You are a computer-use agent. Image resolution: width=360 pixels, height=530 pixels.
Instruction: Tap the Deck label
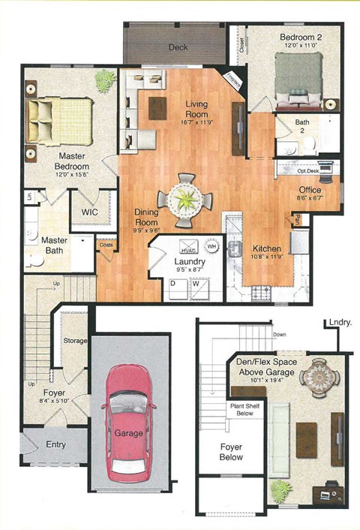(x=178, y=47)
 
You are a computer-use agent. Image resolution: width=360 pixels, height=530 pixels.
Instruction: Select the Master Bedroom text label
(x=74, y=161)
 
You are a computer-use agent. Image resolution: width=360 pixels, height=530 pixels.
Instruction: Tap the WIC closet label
(x=90, y=212)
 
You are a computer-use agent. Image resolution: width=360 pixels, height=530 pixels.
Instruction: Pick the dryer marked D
(x=173, y=285)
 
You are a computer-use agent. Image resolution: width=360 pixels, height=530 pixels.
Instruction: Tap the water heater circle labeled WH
(x=211, y=245)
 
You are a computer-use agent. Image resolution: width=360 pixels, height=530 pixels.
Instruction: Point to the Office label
(x=309, y=190)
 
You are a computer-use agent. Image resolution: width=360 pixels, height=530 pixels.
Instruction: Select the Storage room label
(x=75, y=340)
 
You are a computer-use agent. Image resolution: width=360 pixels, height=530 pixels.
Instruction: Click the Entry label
(x=55, y=444)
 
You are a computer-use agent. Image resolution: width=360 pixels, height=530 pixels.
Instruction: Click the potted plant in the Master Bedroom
(x=103, y=80)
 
